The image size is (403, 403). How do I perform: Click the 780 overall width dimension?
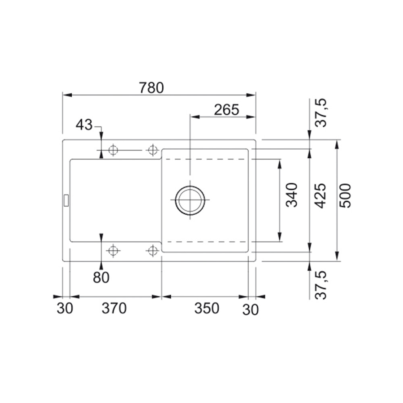(x=151, y=88)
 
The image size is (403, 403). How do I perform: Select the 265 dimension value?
(x=226, y=110)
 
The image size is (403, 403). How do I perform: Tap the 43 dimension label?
(x=84, y=125)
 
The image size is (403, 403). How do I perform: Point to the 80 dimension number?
(x=101, y=277)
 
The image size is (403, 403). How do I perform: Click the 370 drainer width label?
(x=114, y=308)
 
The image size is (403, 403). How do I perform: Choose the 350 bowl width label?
(x=207, y=308)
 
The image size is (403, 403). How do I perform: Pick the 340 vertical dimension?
(x=292, y=195)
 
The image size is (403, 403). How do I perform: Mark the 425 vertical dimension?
(x=321, y=195)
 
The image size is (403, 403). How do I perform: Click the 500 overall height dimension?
(x=345, y=195)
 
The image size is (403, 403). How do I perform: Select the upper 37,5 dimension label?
(x=321, y=113)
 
